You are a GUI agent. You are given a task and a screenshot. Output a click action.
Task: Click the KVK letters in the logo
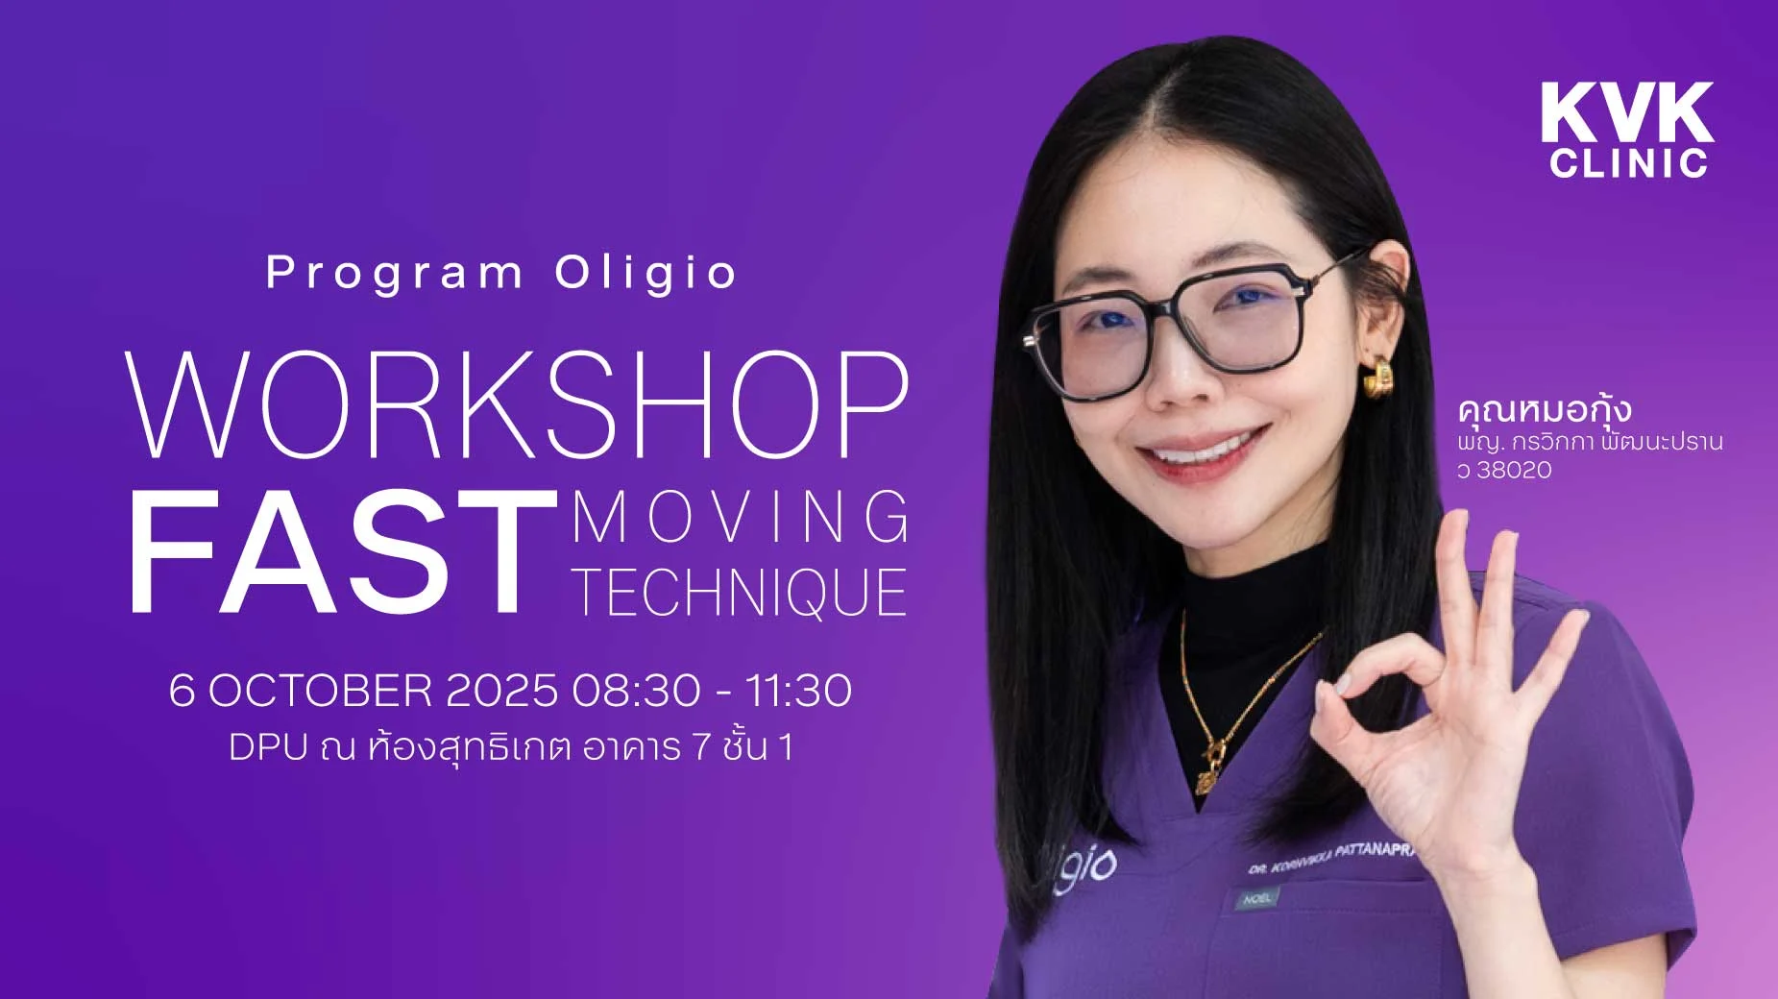click(1627, 112)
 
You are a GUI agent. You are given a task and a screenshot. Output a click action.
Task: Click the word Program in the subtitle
click(394, 274)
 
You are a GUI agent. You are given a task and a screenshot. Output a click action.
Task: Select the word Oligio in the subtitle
click(645, 272)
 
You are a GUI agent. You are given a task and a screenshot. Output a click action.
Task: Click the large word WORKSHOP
click(518, 405)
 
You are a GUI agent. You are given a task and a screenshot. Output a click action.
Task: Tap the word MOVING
click(741, 518)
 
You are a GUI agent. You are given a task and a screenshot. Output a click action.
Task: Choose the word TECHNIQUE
click(741, 592)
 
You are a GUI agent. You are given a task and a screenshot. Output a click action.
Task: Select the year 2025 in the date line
click(502, 691)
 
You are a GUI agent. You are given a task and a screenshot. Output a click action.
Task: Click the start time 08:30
click(636, 691)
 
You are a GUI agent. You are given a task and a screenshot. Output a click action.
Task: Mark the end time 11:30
click(798, 691)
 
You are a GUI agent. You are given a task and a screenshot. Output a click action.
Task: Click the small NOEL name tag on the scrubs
click(1257, 899)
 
